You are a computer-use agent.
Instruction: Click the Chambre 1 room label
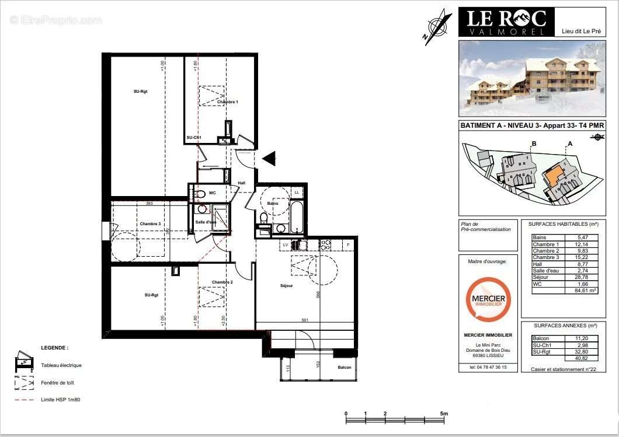(228, 102)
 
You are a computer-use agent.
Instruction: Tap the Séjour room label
(286, 286)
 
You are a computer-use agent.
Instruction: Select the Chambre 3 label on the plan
(150, 224)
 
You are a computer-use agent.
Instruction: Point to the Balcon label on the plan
(345, 368)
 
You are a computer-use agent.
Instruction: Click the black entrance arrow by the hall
(269, 158)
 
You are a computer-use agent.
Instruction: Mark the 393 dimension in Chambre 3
(149, 204)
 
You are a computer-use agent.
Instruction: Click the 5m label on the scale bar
(444, 414)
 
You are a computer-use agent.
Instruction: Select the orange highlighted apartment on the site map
(552, 174)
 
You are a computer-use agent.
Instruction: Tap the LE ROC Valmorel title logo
(506, 22)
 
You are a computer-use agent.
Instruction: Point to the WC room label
(213, 193)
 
